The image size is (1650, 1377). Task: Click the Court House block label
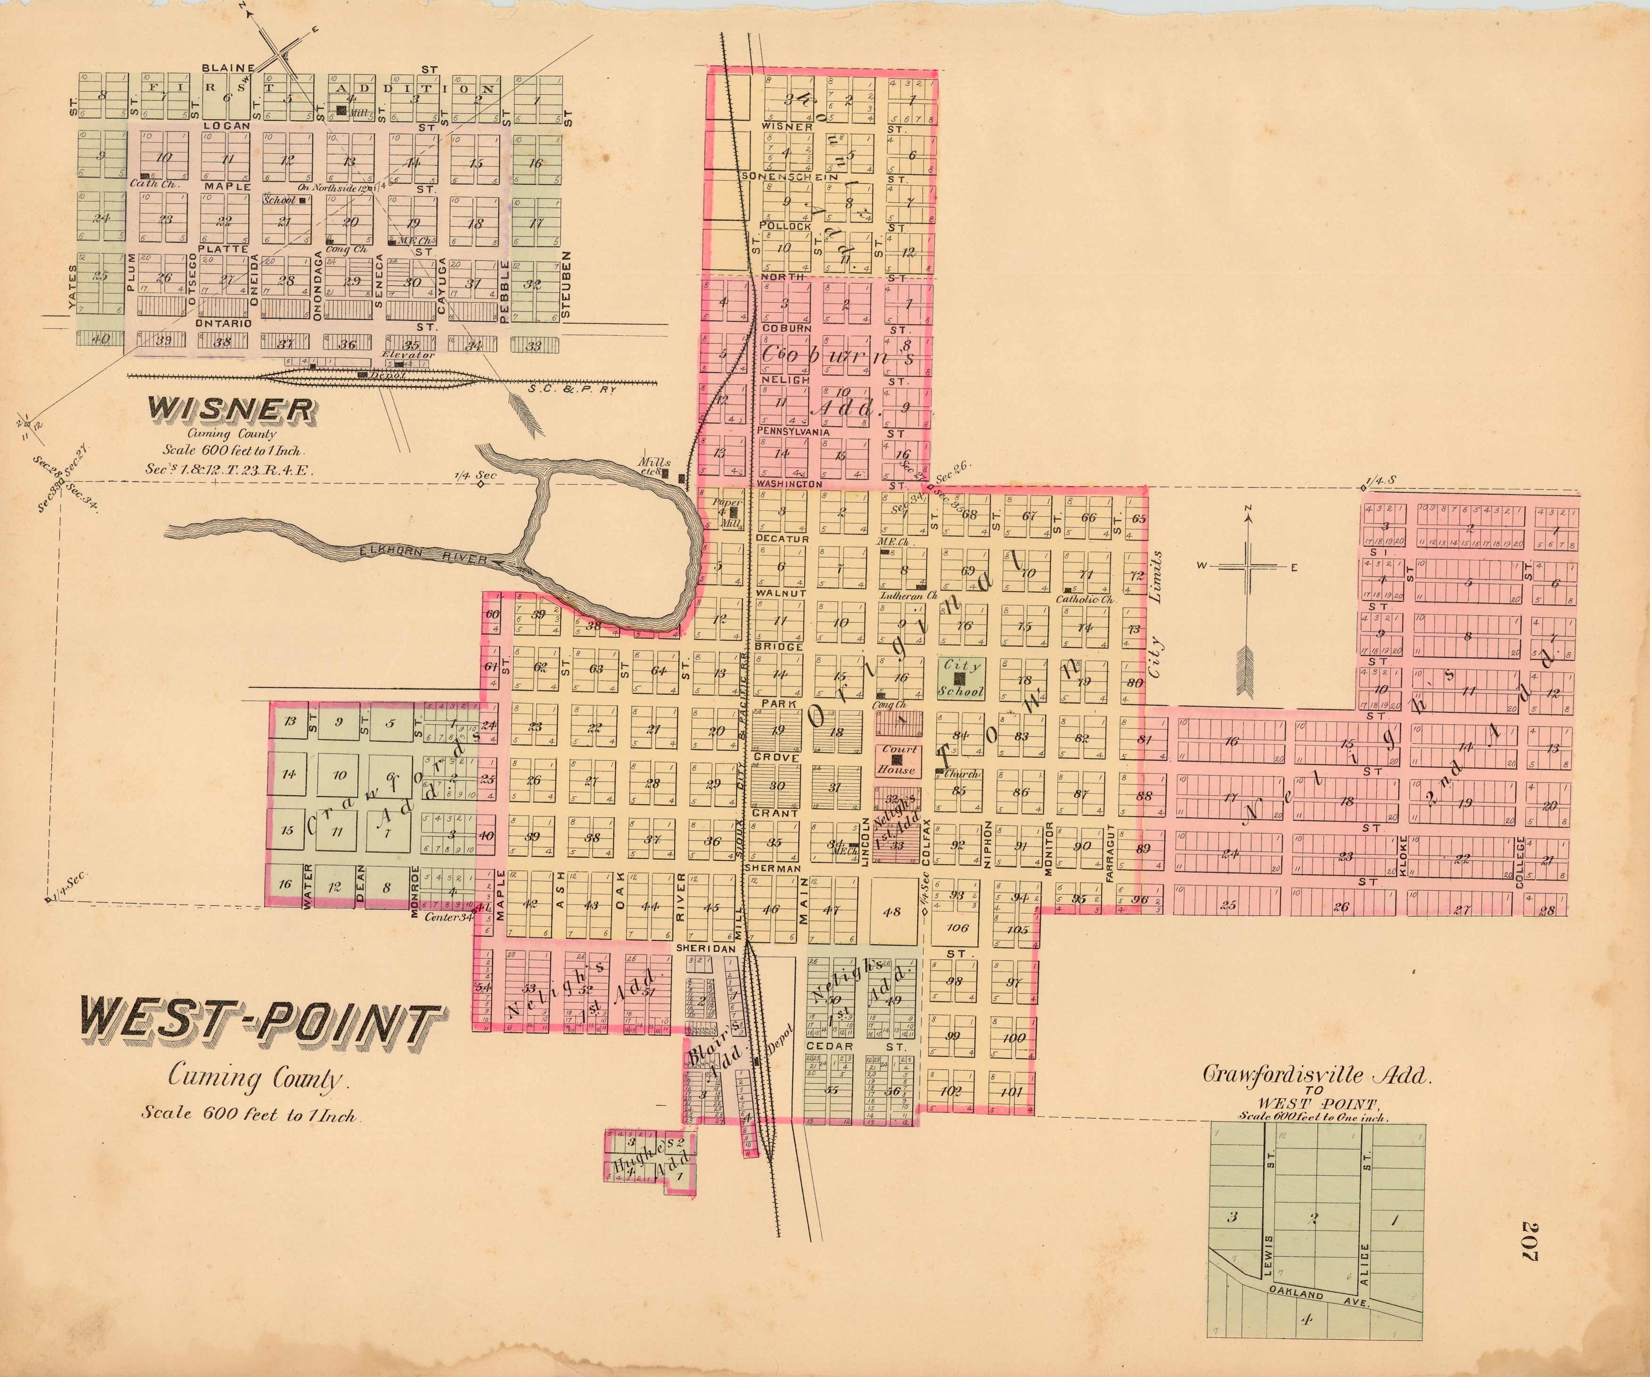899,759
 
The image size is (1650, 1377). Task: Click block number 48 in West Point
892,912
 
